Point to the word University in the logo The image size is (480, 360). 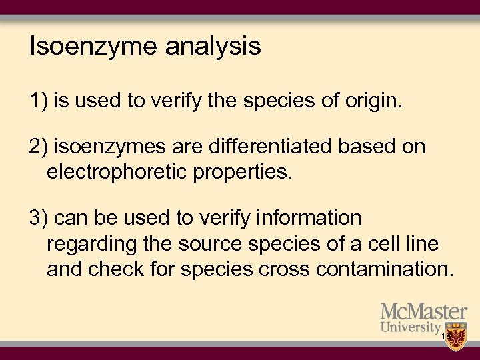(410, 327)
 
